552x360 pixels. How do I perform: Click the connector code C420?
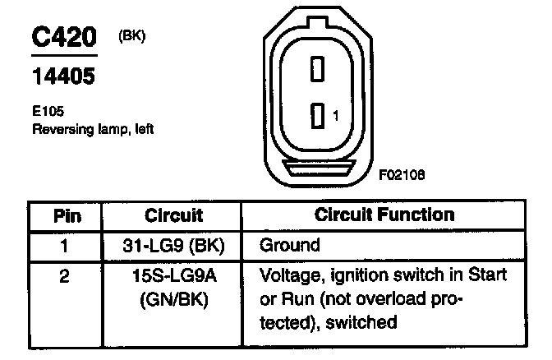[x=64, y=38]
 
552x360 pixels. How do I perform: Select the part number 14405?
[x=62, y=76]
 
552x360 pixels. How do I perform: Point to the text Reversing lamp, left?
[x=93, y=128]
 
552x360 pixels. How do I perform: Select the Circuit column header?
[x=173, y=216]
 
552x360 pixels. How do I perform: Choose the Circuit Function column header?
[x=385, y=215]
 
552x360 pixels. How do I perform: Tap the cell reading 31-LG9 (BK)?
[x=173, y=245]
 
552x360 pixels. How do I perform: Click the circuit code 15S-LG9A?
[x=173, y=275]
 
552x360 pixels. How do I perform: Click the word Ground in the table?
[x=289, y=245]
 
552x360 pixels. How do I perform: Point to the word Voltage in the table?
[x=287, y=275]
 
